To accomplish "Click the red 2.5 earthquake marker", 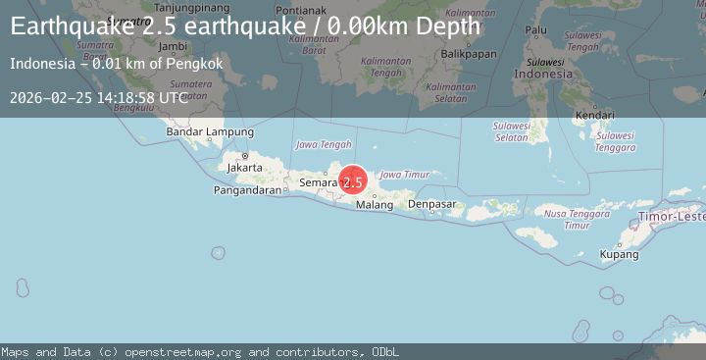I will pos(353,181).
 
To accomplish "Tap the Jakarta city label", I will pos(244,167).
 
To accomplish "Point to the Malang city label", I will pos(374,205).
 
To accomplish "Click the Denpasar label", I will pos(432,204).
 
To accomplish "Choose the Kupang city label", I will pos(620,254).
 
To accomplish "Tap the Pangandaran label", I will pos(247,190).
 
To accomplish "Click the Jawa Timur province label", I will pos(405,174).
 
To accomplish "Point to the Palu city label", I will pos(536,30).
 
